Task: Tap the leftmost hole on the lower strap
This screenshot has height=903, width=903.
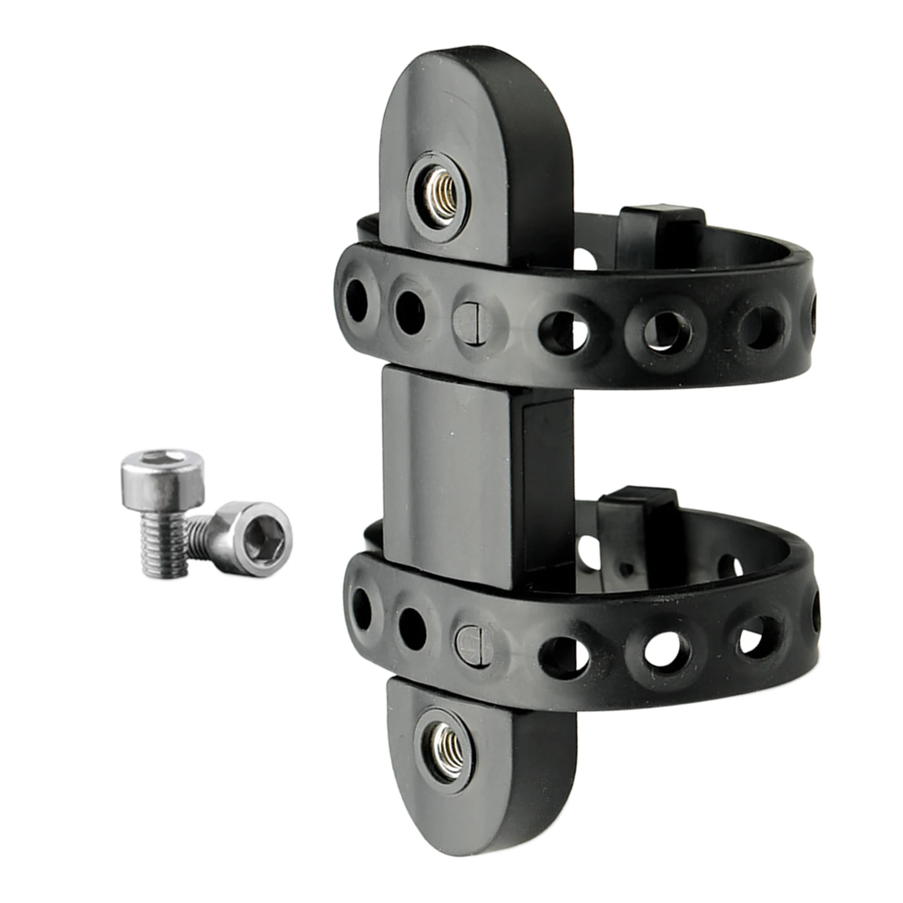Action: click(x=361, y=609)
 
